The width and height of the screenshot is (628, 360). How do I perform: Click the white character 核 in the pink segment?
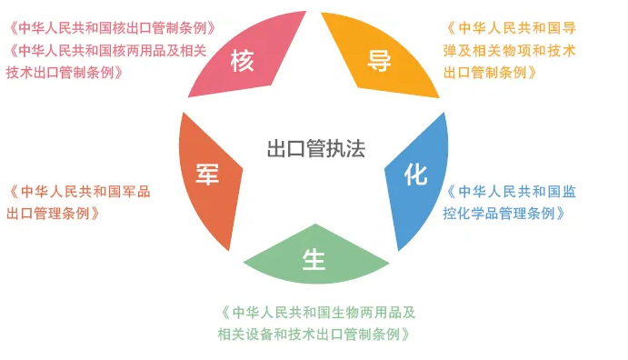tap(242, 62)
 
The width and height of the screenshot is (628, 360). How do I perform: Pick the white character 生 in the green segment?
tap(314, 260)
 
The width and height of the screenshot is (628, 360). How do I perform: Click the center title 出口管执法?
tap(315, 149)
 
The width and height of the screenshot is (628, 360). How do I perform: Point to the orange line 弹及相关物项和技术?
tap(510, 50)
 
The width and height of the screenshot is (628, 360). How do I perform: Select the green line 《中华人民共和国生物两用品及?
tap(317, 312)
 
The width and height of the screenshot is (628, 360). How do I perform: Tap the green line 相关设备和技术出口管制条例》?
tap(317, 334)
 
